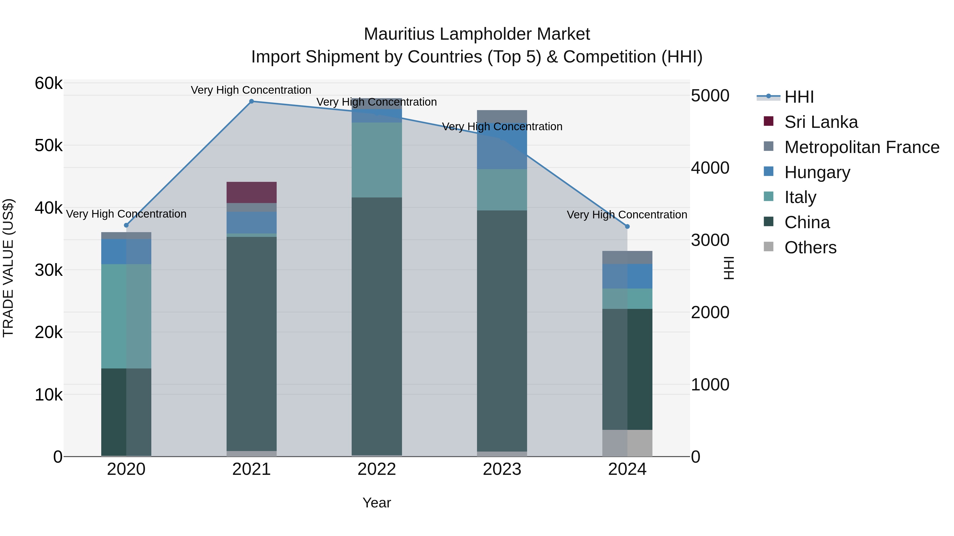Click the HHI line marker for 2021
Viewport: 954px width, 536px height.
pos(251,101)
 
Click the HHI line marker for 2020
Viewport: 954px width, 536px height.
pos(126,225)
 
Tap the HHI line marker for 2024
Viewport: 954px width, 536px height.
pos(627,226)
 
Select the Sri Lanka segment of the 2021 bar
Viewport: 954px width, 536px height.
pos(251,192)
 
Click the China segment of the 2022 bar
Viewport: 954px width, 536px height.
pos(377,326)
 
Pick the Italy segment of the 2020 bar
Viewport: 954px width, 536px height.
pos(126,316)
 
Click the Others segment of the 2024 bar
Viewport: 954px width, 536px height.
pos(627,443)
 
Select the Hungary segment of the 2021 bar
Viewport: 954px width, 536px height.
pos(251,222)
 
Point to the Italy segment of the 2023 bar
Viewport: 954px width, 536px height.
pos(502,190)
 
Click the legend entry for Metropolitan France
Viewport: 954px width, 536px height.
pos(862,147)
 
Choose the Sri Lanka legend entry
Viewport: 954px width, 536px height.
pos(821,122)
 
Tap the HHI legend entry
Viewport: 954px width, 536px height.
pos(799,97)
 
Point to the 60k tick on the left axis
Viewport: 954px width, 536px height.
pos(48,84)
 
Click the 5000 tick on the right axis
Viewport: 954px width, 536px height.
pos(710,96)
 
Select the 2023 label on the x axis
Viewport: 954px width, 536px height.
pos(502,469)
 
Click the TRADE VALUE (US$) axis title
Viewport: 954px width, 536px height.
pos(8,268)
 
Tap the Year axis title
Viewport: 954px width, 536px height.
pos(377,503)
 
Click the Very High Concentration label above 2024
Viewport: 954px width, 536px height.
pos(627,215)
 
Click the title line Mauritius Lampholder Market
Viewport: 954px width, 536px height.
pos(477,34)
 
